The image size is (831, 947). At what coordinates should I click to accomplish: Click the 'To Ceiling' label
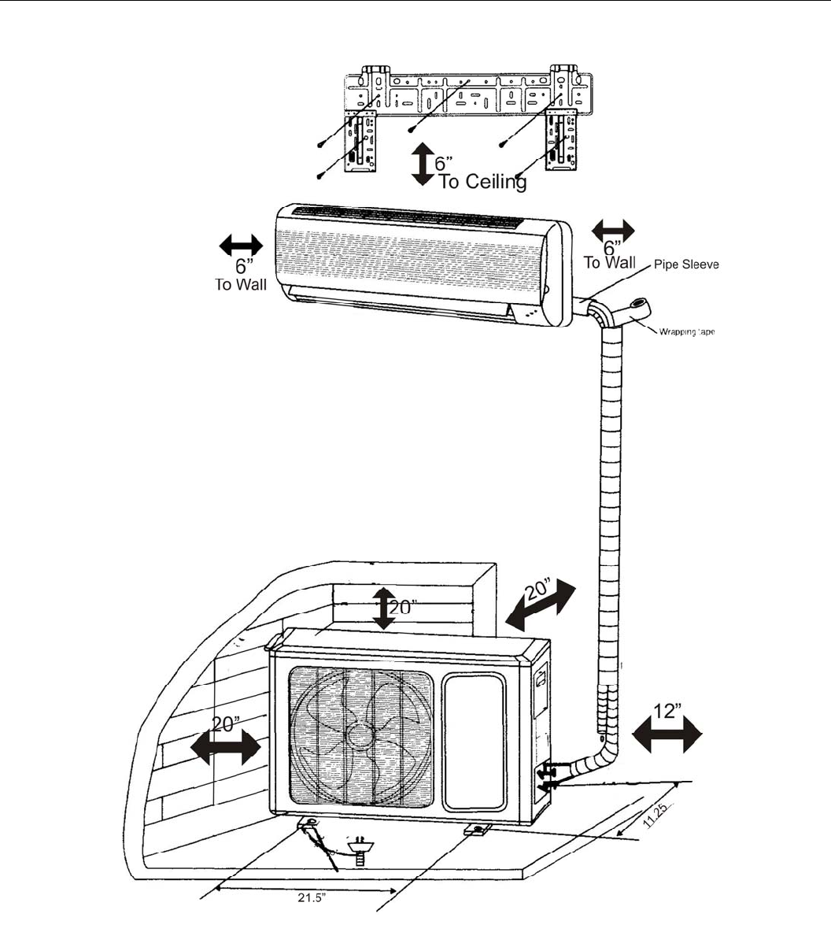[482, 182]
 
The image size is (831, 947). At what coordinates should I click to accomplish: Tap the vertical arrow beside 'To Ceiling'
[423, 164]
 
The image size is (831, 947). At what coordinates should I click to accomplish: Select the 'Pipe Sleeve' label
[686, 264]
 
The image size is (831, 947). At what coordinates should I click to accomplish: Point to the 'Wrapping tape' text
[686, 331]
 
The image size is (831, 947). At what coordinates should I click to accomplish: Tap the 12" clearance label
[667, 711]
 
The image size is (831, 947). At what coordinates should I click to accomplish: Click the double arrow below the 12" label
[667, 738]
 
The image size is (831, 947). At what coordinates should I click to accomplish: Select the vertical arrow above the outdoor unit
[383, 608]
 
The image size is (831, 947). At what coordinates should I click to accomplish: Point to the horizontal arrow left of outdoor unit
[225, 747]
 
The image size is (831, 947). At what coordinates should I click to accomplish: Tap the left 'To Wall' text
[241, 284]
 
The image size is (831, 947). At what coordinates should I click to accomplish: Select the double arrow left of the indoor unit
[241, 245]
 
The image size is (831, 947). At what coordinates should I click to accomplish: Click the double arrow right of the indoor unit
[613, 230]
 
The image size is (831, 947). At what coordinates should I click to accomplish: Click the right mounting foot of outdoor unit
[478, 829]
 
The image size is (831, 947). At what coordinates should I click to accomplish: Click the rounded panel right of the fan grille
[473, 741]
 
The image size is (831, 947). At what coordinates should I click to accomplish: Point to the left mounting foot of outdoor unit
[308, 824]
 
